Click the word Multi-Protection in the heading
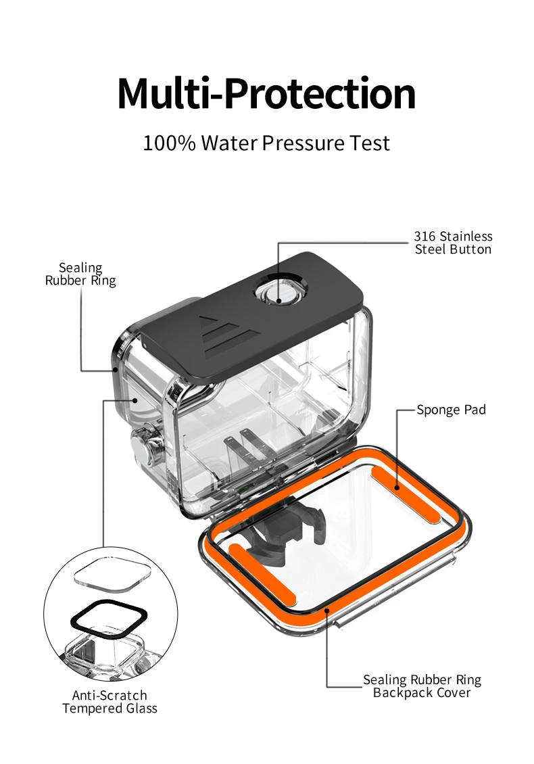coord(266,93)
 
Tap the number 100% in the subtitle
coord(169,143)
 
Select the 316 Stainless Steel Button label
coord(453,243)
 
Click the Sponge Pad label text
coord(451,410)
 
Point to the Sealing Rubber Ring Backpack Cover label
coord(422,686)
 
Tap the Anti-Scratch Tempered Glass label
coord(110,702)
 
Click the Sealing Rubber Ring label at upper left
coord(80,274)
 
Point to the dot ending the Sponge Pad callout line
coord(397,487)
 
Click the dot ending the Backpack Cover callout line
coord(327,609)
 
